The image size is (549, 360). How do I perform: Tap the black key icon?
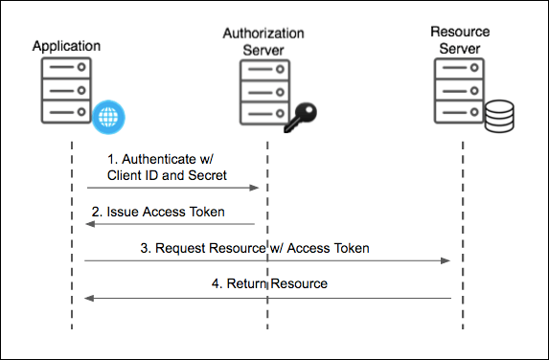301,116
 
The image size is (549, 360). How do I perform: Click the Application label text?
65,45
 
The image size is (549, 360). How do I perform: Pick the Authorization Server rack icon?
263,94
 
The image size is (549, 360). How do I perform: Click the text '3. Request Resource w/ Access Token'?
255,247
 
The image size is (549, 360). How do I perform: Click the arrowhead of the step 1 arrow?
257,189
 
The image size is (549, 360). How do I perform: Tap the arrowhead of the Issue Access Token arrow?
89,224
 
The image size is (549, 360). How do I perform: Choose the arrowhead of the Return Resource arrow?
89,298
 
